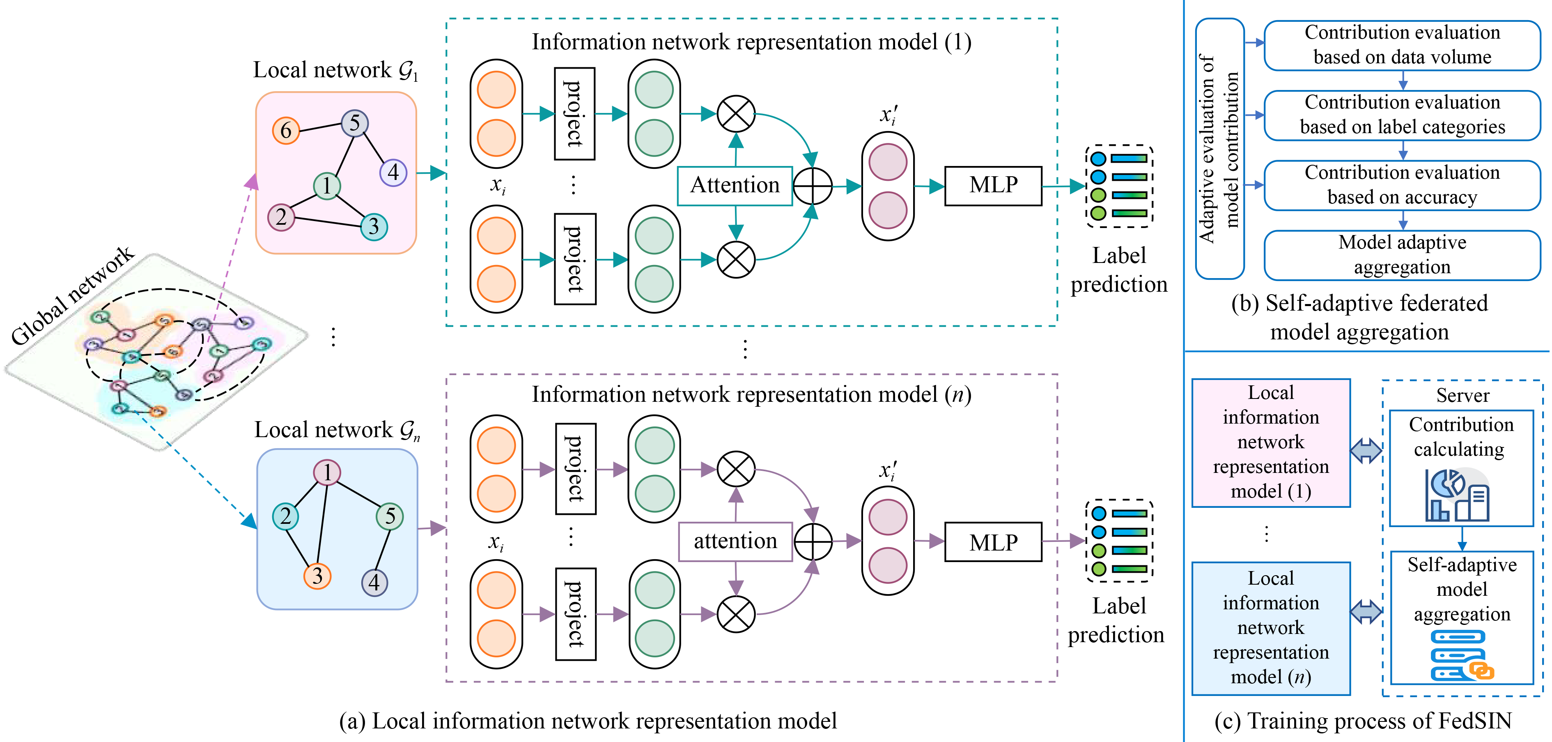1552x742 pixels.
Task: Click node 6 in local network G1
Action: [286, 130]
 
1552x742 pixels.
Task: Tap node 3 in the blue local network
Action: [317, 576]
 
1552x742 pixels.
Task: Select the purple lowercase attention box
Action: [735, 541]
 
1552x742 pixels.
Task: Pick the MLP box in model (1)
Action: [993, 186]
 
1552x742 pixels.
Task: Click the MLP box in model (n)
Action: [993, 542]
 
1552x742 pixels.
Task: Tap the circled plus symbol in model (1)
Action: [813, 186]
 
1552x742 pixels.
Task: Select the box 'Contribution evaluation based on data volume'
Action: [1402, 45]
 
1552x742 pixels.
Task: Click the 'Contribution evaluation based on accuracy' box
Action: [1402, 185]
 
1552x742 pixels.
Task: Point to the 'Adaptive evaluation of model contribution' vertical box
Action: [1219, 149]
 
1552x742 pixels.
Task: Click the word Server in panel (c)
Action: [1462, 395]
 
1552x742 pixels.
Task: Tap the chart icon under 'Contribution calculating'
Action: [1458, 495]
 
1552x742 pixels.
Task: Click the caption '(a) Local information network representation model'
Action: [588, 721]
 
